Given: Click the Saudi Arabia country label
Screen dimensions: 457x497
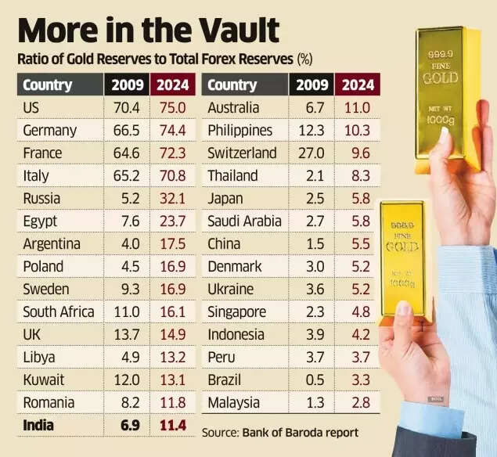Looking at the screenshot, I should tap(244, 221).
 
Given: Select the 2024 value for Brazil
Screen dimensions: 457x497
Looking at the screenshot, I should tap(359, 380).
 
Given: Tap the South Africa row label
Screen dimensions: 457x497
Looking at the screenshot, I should tap(59, 311).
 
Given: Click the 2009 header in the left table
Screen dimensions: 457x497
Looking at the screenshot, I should tap(128, 85).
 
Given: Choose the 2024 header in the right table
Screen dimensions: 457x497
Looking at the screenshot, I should tap(358, 85).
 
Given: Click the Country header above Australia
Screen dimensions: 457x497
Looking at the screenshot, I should tap(232, 85).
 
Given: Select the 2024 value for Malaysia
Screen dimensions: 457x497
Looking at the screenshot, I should tap(359, 403).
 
